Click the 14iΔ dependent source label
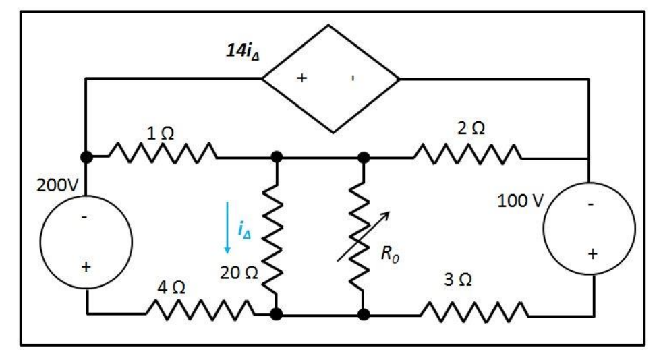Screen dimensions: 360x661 [x=241, y=51]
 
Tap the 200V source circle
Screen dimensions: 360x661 [x=86, y=243]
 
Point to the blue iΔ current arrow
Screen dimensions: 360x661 [x=227, y=227]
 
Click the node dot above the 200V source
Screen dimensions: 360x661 [x=86, y=157]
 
